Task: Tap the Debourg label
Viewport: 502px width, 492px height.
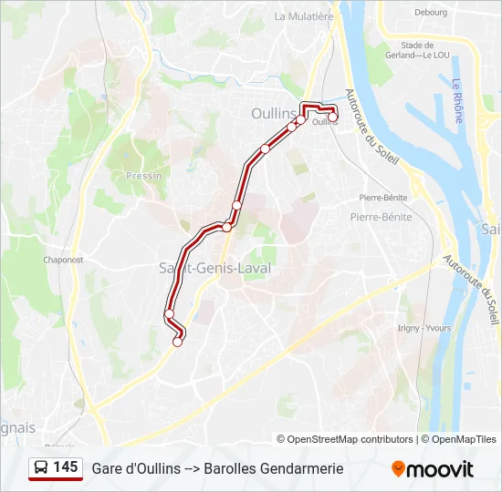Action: point(431,13)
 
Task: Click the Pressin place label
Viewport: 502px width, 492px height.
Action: point(144,175)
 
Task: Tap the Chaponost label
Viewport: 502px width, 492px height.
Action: point(63,259)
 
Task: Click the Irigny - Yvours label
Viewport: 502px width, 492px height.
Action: point(424,328)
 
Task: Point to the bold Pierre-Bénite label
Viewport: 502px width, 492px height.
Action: point(381,217)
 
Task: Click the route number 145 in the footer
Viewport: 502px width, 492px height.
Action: point(65,467)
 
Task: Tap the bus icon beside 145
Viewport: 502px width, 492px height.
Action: point(42,468)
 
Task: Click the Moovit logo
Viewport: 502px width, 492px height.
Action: point(433,469)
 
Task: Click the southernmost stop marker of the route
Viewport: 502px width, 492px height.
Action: point(178,342)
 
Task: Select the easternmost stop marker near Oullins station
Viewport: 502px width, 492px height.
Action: point(333,116)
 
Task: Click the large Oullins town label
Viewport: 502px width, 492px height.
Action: point(274,114)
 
